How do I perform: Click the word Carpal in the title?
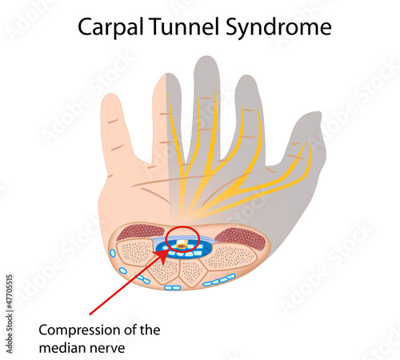click(110, 27)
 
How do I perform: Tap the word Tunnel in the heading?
click(186, 26)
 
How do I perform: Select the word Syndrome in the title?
click(278, 27)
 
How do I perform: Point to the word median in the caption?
click(62, 348)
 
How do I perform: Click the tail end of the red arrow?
click(90, 314)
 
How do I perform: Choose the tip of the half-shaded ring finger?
click(166, 74)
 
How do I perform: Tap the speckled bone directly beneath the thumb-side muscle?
click(231, 258)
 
